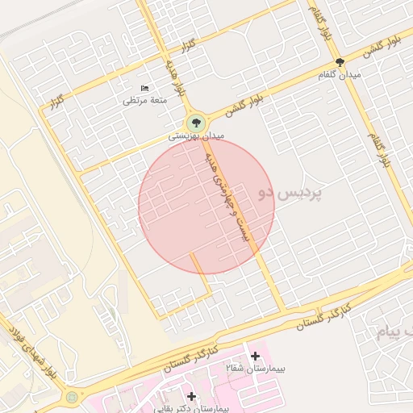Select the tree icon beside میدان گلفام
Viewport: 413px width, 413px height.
tap(339, 62)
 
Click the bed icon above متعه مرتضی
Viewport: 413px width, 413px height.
tap(144, 87)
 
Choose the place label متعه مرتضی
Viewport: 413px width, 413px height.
tap(144, 100)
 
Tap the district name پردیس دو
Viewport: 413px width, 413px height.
tap(290, 194)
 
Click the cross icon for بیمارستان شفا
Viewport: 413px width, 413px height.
tap(256, 355)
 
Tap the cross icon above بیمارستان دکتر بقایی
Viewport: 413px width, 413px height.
tap(191, 396)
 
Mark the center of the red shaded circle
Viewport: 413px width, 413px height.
tap(206, 206)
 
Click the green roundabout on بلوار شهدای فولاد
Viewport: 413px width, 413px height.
tap(73, 397)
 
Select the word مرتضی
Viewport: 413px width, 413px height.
tap(134, 100)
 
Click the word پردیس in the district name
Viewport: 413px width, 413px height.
tap(302, 194)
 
